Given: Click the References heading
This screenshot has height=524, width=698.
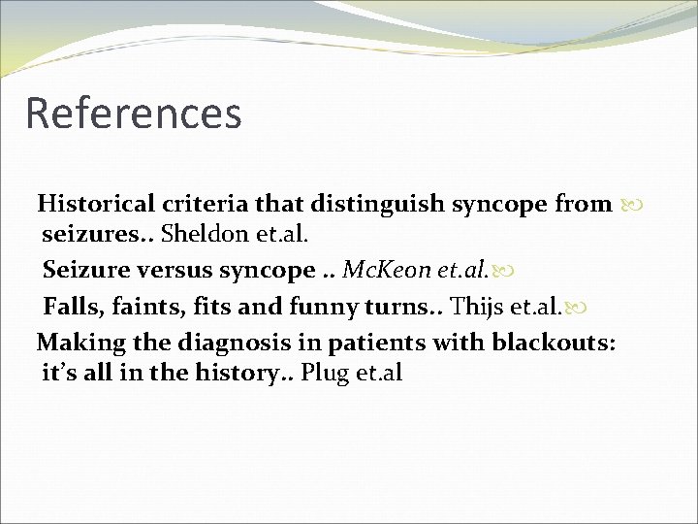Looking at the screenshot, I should pyautogui.click(x=133, y=113).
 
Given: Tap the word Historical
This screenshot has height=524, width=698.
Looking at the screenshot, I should pyautogui.click(x=95, y=205).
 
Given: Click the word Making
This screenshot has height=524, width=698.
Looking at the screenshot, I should pyautogui.click(x=79, y=343).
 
